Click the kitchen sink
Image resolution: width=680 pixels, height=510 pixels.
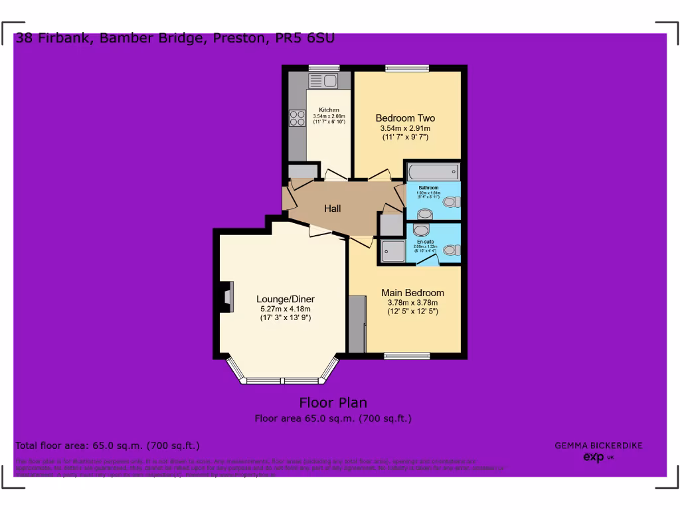tap(323, 82)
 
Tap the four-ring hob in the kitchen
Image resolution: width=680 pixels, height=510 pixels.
tap(296, 118)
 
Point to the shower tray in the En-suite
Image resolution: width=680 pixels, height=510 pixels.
tap(392, 250)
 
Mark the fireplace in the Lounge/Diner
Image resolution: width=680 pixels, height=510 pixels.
tap(227, 296)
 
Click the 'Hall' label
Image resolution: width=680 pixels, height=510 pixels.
tap(333, 209)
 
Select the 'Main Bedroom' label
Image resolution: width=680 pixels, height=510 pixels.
tap(412, 293)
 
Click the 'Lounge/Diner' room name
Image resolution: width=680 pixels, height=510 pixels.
tap(286, 299)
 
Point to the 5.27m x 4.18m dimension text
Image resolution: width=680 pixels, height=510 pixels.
tap(286, 309)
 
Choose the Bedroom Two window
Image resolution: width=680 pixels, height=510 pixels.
tap(407, 67)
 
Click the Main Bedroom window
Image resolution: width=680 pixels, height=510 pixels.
tap(406, 356)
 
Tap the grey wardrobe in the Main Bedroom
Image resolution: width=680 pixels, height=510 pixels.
tap(357, 325)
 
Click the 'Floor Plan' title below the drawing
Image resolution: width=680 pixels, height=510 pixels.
tap(333, 402)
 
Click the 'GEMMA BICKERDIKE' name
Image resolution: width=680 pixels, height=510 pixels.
tap(598, 446)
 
